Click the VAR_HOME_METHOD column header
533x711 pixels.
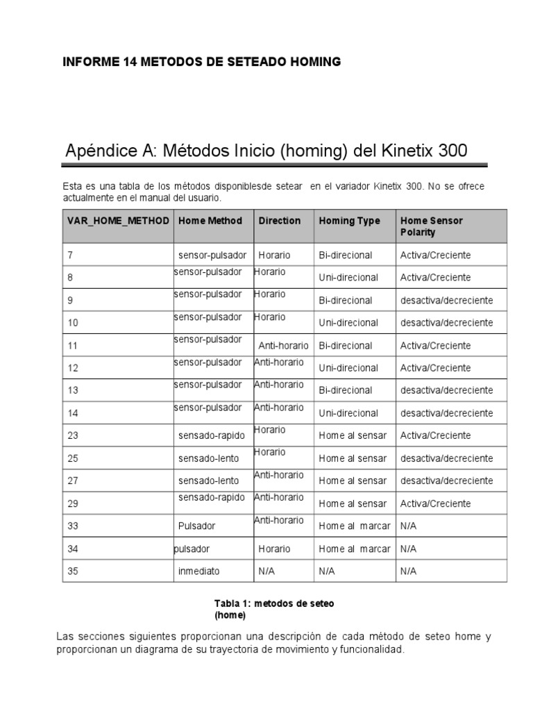coord(118,221)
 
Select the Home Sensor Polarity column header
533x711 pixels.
coord(431,226)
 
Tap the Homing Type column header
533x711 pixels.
coord(349,221)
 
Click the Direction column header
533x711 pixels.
coord(280,221)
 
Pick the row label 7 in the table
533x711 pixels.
coord(70,255)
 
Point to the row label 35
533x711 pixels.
coord(73,571)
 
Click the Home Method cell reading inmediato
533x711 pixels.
coord(198,571)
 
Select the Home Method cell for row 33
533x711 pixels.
coord(196,526)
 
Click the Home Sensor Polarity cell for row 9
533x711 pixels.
coord(446,300)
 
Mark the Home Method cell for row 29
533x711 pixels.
coord(211,497)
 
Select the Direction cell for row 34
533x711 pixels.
coord(274,549)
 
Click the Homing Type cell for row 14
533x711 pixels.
coord(348,413)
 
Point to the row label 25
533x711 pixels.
coord(73,458)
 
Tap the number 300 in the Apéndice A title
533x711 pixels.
coord(448,150)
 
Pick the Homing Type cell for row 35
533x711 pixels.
coord(327,571)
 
